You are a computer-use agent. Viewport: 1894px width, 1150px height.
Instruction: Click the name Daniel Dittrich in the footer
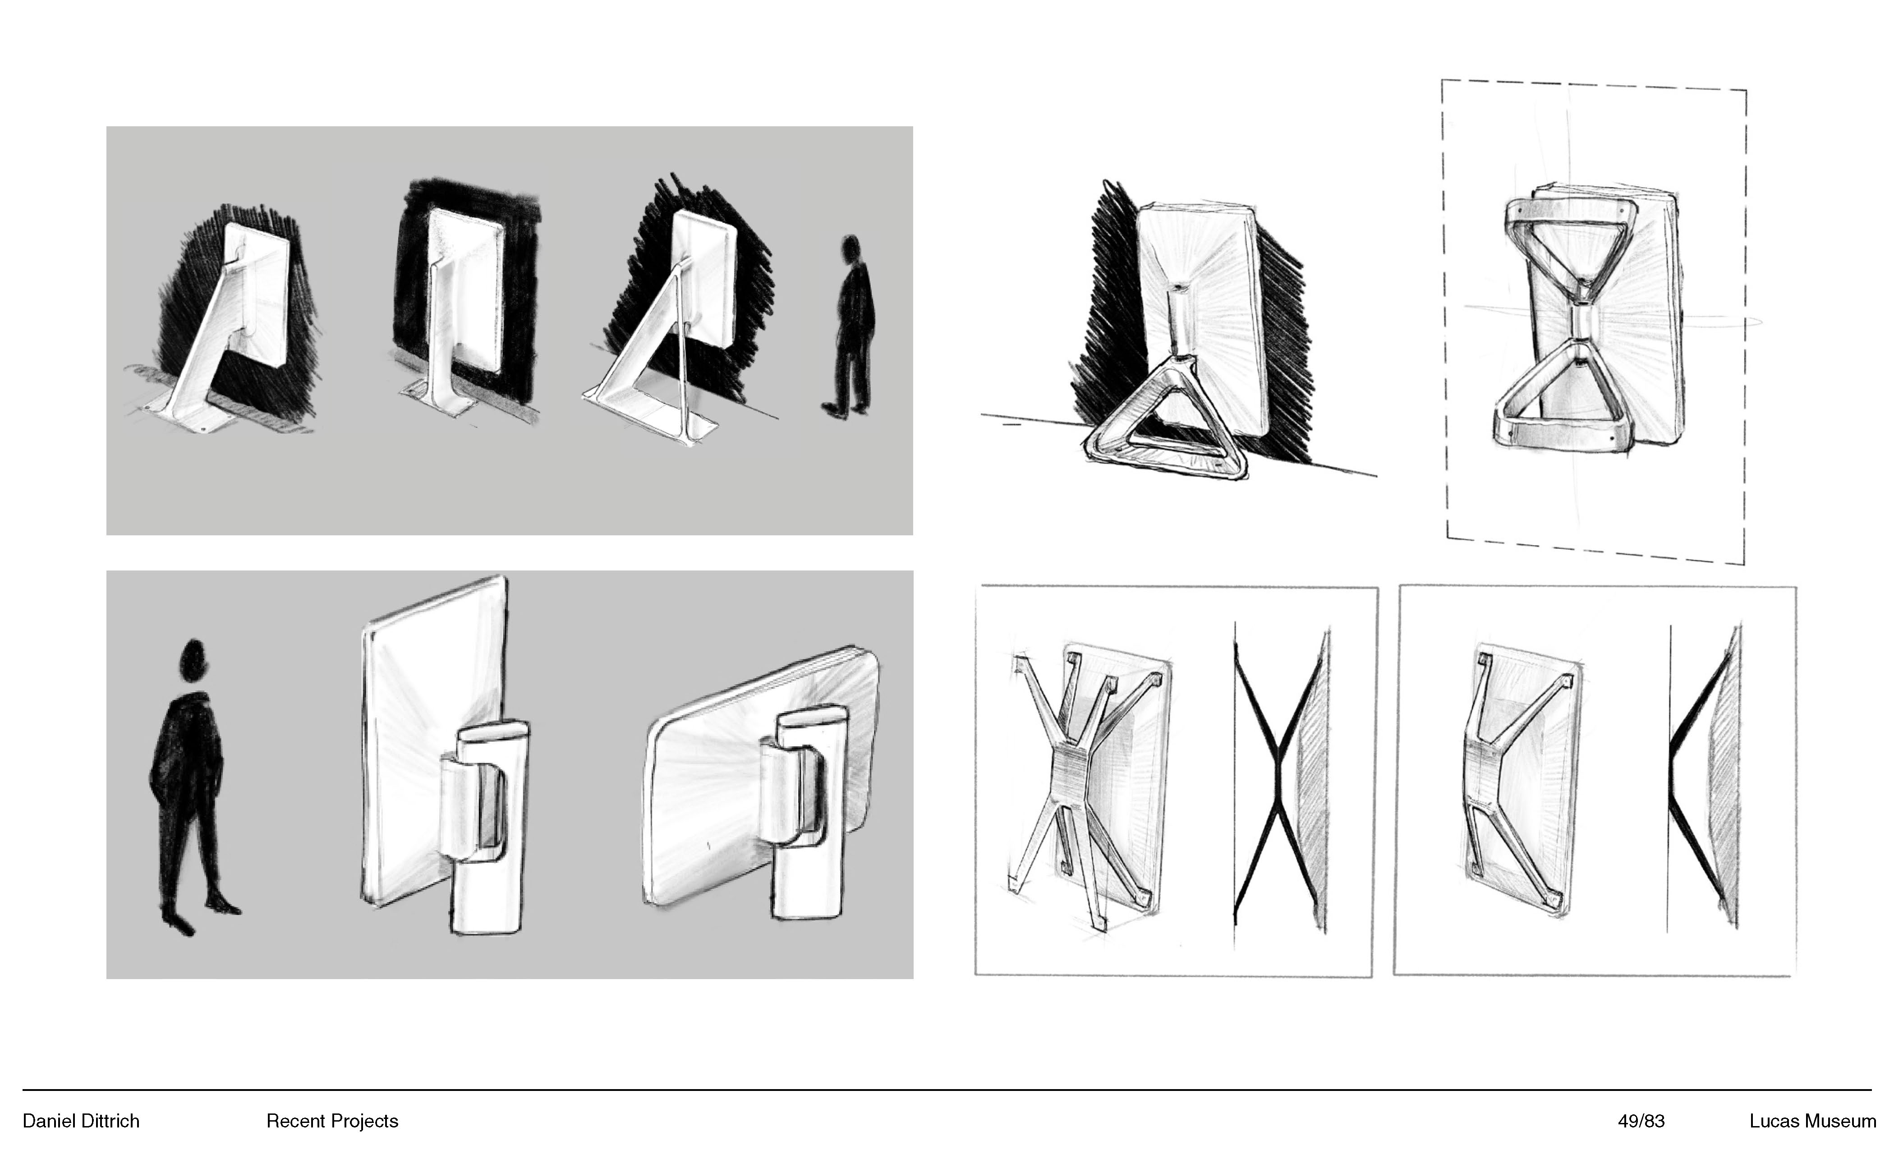coord(81,1122)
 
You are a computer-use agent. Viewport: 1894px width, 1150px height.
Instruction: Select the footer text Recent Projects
coord(332,1122)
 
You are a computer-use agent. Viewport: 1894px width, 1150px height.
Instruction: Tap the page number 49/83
coord(1641,1122)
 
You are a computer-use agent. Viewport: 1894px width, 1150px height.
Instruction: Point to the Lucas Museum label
coord(1812,1122)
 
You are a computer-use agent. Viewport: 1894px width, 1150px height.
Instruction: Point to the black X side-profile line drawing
coord(1276,777)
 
